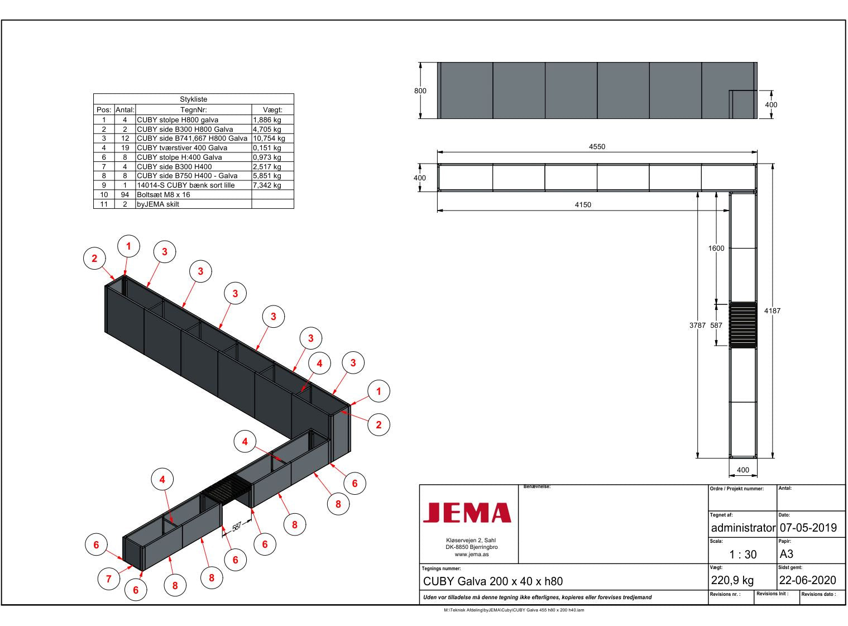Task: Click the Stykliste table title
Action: tap(194, 99)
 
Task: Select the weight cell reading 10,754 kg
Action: tap(269, 138)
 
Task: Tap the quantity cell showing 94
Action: tap(125, 195)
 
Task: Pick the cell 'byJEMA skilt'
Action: tap(158, 204)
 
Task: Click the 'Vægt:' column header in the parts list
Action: tap(272, 110)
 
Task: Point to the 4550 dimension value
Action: tap(597, 146)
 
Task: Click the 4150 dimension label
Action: tap(583, 204)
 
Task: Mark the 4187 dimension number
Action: tap(772, 311)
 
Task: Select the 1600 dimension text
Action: tap(716, 248)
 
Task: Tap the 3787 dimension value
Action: tap(697, 325)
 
